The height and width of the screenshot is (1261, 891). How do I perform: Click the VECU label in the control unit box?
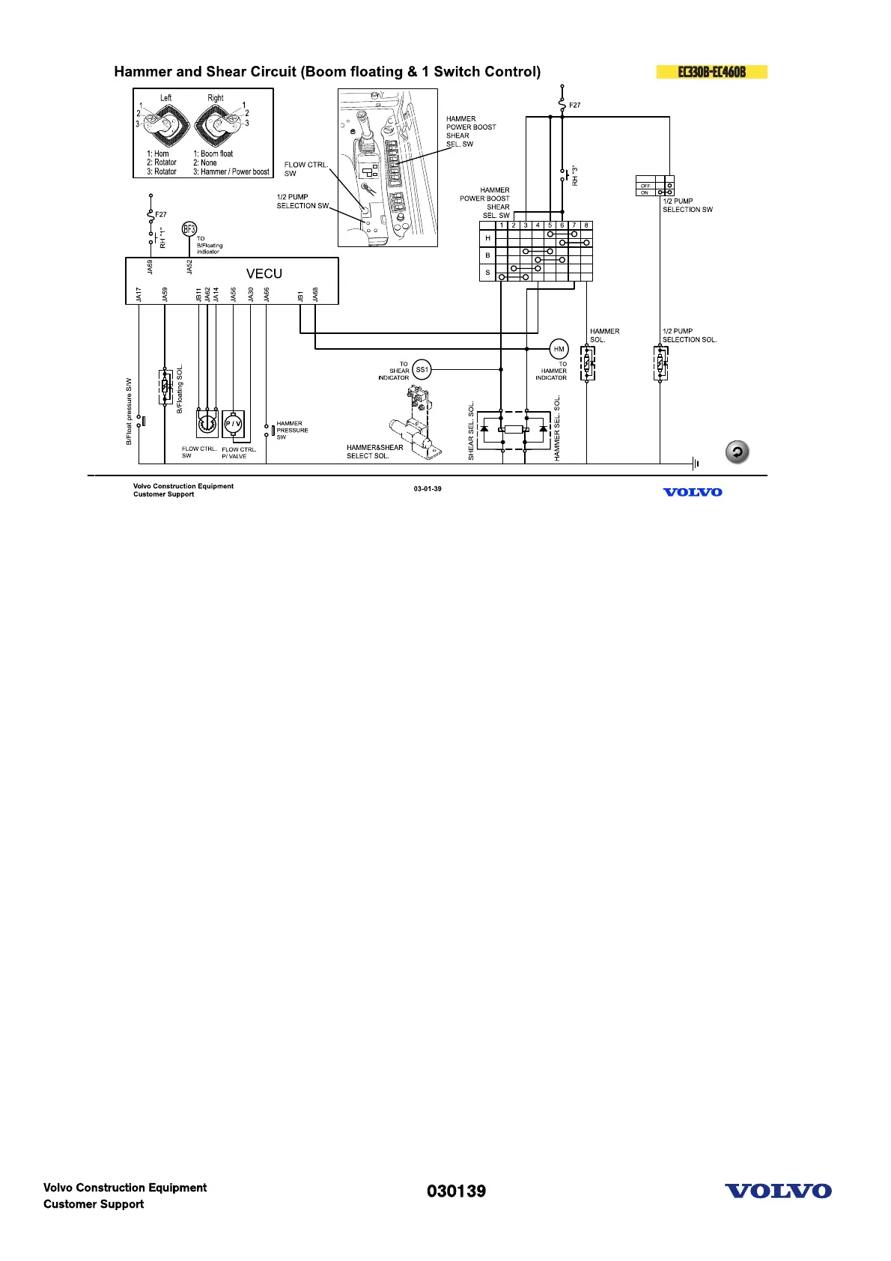tap(264, 274)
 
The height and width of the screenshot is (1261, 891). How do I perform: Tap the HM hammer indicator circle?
tap(559, 349)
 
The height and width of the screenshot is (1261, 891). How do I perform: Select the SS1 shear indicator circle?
tap(422, 369)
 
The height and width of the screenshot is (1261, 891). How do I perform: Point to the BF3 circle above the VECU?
tap(189, 229)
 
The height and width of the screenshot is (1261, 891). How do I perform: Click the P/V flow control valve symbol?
tap(234, 424)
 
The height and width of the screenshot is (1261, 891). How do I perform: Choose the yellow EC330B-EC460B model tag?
tap(711, 72)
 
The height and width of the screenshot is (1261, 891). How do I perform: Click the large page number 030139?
tap(456, 1191)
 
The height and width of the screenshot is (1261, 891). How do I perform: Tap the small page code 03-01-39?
tap(428, 489)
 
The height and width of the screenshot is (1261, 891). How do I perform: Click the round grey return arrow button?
tap(738, 452)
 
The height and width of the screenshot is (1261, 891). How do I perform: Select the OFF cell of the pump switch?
tap(645, 185)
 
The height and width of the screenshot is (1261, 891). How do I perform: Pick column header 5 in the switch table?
tap(550, 225)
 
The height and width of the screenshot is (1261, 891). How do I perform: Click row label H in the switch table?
tap(487, 238)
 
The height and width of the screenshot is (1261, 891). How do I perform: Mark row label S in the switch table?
tap(487, 273)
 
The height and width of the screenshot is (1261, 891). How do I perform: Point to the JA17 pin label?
tap(139, 294)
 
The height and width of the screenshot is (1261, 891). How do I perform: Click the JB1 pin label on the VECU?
tap(300, 296)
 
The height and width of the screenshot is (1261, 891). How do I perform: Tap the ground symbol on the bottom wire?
tap(696, 464)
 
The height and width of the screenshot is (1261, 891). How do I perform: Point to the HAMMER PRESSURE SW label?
tap(292, 430)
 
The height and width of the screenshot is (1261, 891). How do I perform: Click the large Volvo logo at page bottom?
tap(778, 1191)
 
